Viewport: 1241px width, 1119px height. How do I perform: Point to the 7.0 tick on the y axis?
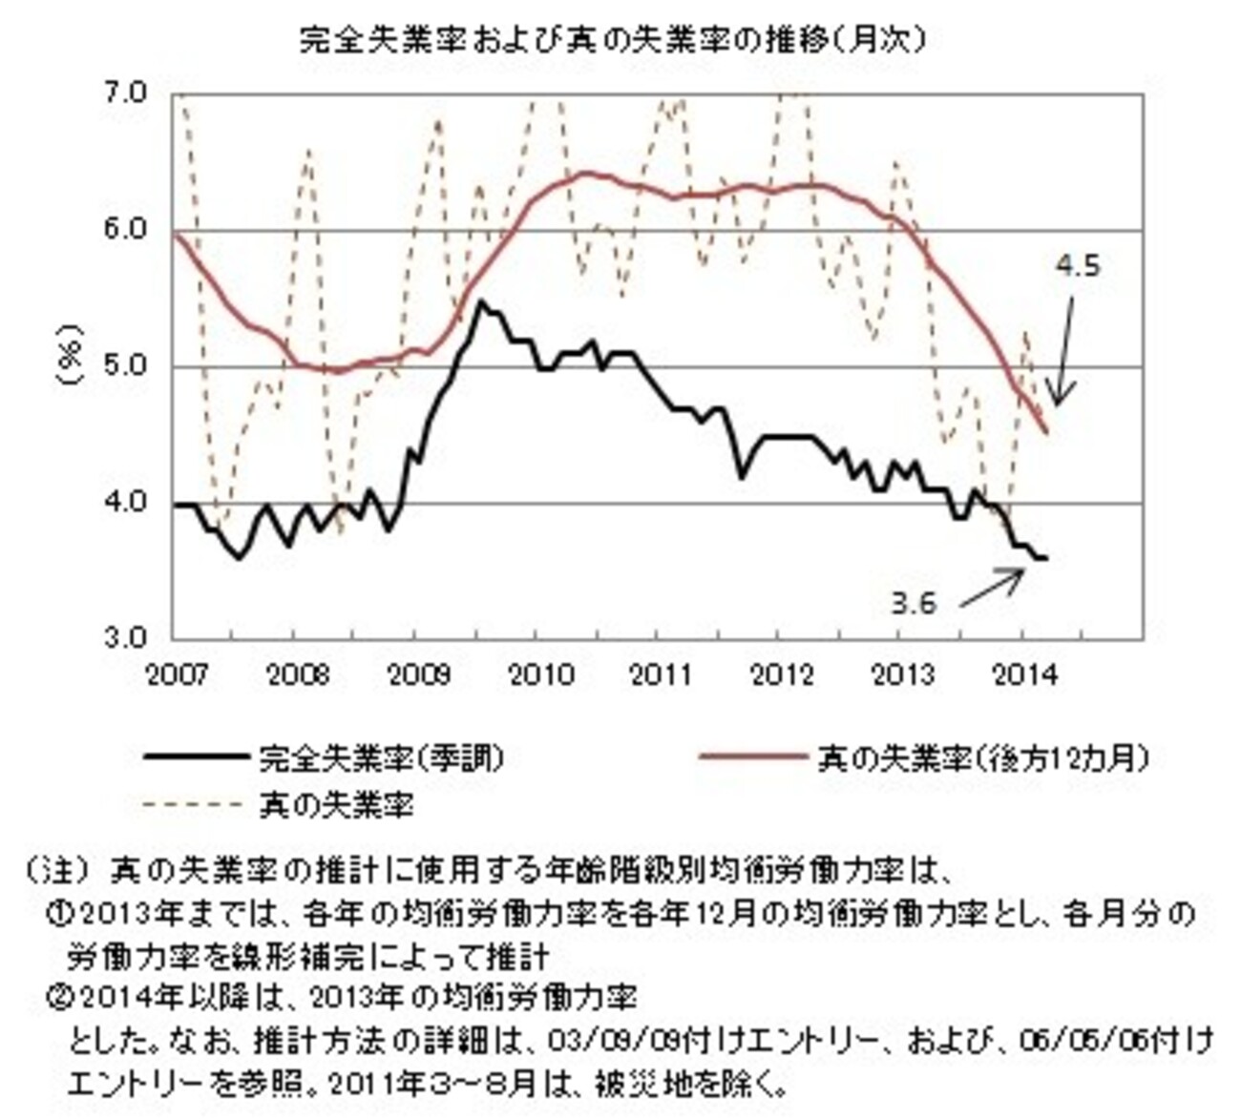pyautogui.click(x=123, y=93)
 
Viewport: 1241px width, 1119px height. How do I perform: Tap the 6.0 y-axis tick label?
pyautogui.click(x=123, y=230)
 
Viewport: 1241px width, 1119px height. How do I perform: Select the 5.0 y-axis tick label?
pyautogui.click(x=123, y=366)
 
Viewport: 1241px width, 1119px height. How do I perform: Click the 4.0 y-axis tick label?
pyautogui.click(x=123, y=502)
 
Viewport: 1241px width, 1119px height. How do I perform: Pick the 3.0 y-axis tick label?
pyautogui.click(x=123, y=637)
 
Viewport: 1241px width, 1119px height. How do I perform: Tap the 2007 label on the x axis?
pyautogui.click(x=178, y=675)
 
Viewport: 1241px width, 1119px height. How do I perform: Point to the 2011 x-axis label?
pyautogui.click(x=662, y=675)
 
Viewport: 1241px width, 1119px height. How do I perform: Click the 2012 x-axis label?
pyautogui.click(x=783, y=675)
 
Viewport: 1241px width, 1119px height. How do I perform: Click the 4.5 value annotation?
pyautogui.click(x=1078, y=266)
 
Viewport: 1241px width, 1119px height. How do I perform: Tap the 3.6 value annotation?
pyautogui.click(x=914, y=603)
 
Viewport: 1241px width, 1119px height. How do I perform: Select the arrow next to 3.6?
pyautogui.click(x=991, y=588)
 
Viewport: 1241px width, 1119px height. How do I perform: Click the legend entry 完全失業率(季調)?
pyautogui.click(x=381, y=758)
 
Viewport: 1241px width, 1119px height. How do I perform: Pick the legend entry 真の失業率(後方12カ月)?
pyautogui.click(x=981, y=758)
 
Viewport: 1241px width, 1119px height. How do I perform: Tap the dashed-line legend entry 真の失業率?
pyautogui.click(x=336, y=806)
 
